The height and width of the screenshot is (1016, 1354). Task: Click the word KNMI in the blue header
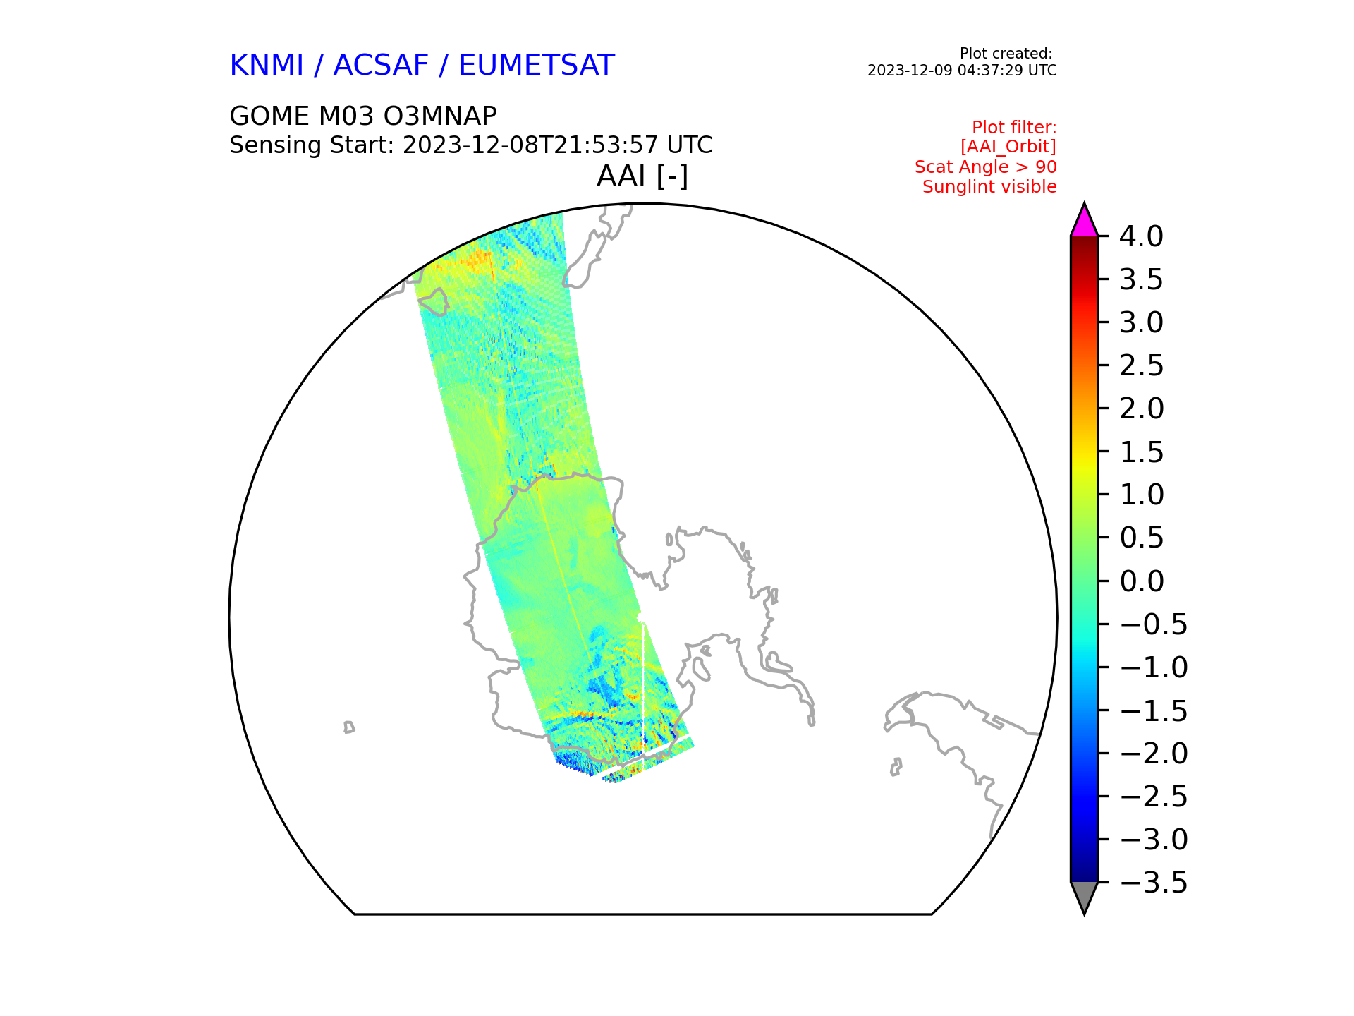pos(267,66)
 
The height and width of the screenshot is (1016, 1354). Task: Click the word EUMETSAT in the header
pos(537,66)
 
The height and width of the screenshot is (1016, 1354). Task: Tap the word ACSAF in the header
pos(381,66)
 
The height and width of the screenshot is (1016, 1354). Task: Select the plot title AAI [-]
pos(642,176)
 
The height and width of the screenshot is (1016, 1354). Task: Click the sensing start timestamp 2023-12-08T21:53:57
pos(532,145)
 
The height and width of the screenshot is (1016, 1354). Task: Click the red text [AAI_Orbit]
pos(1008,147)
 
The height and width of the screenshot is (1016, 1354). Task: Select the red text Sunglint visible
pos(989,187)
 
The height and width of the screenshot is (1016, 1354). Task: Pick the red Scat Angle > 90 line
pos(986,167)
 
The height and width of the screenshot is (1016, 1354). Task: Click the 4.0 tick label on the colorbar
pos(1141,236)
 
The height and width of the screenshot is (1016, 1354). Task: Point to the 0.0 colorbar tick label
pos(1141,581)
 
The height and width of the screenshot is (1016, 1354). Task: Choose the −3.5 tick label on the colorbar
pos(1153,883)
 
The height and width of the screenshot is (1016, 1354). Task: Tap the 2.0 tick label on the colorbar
pos(1141,409)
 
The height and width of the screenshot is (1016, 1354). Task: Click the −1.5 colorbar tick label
pos(1153,710)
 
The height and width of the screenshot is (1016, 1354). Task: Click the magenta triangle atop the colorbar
pos(1084,223)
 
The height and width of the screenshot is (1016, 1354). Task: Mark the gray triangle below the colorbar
pos(1084,895)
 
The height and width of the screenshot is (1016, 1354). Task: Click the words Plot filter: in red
pos(1014,128)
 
